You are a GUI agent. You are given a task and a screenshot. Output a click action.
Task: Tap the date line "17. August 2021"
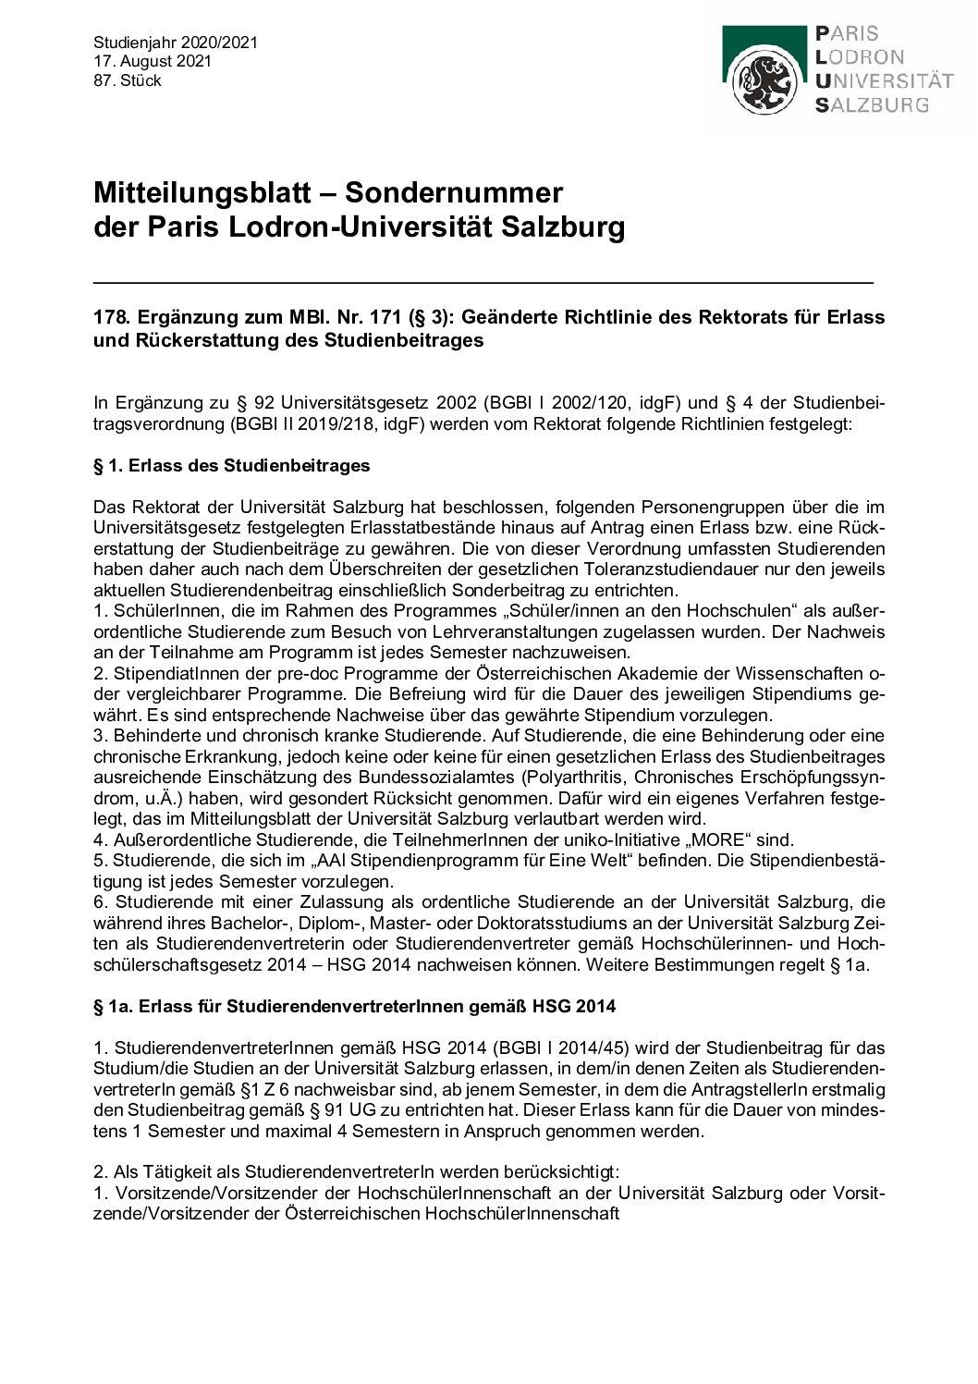tap(153, 62)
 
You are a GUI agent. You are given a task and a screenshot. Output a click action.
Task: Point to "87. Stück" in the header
tap(128, 80)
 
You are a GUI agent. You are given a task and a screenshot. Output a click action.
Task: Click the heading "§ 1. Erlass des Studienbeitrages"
tap(232, 465)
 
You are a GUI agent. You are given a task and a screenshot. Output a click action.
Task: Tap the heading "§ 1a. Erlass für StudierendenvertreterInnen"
tap(355, 1006)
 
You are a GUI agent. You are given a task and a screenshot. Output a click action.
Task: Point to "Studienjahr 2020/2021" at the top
tap(176, 43)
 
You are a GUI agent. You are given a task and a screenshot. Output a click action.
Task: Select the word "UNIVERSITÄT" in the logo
tap(886, 81)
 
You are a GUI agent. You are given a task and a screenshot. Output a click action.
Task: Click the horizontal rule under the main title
tap(483, 279)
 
